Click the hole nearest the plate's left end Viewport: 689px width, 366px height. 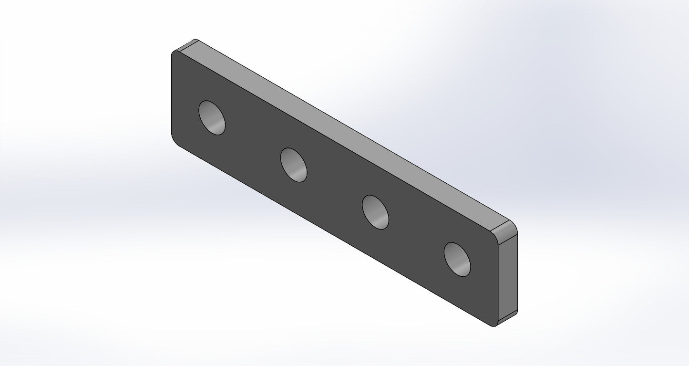(212, 117)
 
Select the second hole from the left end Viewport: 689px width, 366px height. (294, 165)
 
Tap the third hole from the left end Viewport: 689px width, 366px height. (375, 212)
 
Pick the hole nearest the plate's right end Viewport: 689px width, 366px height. (457, 259)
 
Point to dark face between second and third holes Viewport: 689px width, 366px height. (334, 188)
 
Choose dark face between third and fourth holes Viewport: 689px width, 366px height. (416, 236)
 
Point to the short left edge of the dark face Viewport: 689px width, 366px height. (171, 95)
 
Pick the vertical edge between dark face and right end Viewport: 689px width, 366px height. (498, 284)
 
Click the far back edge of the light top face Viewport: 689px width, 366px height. (353, 128)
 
